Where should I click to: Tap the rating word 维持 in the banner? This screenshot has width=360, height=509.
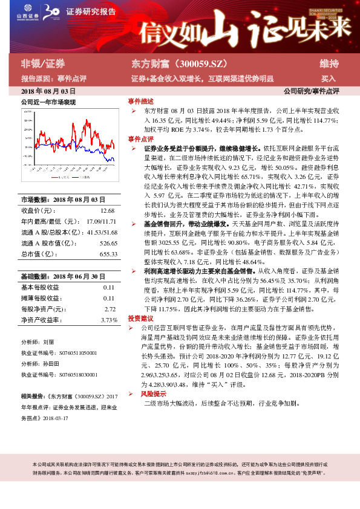point(329,63)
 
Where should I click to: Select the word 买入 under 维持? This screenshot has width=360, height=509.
point(328,79)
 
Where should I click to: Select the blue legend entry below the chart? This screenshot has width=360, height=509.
point(85,178)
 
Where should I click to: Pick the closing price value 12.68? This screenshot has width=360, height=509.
point(107,210)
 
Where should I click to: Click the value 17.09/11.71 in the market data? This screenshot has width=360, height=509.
point(102,221)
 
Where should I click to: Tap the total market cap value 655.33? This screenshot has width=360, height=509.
point(108,254)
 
